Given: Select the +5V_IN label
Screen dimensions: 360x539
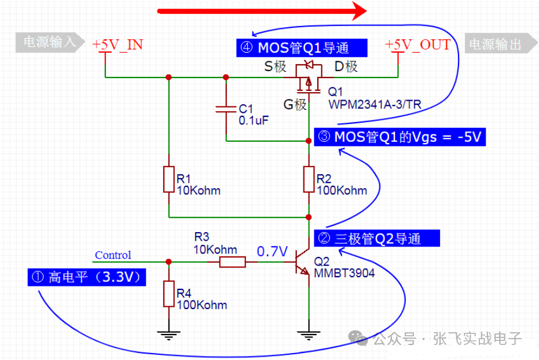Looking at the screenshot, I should [118, 45].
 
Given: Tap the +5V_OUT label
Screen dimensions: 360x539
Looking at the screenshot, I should [417, 45].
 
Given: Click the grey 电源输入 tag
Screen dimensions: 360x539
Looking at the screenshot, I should [50, 43].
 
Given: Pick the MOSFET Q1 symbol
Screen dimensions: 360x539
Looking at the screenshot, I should [308, 78].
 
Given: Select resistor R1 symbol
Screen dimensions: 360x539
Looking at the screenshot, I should [168, 179].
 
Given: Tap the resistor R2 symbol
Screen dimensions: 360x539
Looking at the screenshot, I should [309, 179].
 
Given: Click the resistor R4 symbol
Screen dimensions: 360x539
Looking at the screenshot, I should [168, 294].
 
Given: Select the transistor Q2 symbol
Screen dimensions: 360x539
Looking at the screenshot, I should [302, 262].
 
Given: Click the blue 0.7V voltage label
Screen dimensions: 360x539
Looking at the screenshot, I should [272, 251].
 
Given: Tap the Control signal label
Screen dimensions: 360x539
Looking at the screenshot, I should [113, 255].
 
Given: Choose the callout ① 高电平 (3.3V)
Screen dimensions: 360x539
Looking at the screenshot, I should [87, 277].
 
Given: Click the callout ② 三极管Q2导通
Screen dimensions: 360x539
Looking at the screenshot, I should [376, 238].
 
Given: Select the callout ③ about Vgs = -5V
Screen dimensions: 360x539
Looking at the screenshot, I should [399, 137].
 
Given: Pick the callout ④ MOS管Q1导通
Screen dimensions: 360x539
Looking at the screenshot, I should [300, 47].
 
